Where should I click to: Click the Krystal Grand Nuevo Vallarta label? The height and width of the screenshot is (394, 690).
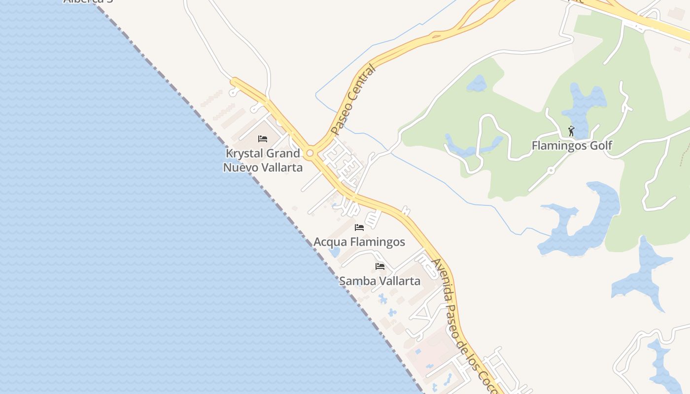(x=263, y=160)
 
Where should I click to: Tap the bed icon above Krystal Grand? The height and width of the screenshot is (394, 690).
(x=263, y=139)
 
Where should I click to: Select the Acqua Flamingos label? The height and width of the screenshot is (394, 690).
(x=359, y=242)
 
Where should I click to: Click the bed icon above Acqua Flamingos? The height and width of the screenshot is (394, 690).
(x=359, y=228)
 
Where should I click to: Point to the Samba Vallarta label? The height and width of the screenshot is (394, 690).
(x=379, y=281)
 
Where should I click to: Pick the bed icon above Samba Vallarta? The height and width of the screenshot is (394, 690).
(x=380, y=266)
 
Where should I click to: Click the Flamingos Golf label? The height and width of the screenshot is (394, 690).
(x=572, y=145)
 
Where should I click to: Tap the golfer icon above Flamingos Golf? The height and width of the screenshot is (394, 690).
(x=571, y=131)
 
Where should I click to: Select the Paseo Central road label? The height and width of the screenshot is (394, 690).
(x=353, y=100)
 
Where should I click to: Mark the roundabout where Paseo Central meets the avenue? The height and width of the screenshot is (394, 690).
(x=310, y=154)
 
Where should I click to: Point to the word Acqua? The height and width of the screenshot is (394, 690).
(x=330, y=242)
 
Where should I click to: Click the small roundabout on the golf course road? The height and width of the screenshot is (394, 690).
(x=551, y=170)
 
